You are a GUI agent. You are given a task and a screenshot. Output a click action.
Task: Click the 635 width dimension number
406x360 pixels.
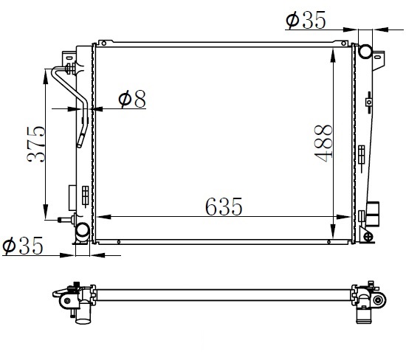pyautogui.click(x=224, y=207)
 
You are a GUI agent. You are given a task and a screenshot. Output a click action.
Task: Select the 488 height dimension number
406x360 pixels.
pyautogui.click(x=323, y=143)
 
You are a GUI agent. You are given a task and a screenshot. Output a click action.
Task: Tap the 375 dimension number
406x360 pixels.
pyautogui.click(x=36, y=144)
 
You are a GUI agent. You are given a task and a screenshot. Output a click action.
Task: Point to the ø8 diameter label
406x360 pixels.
pyautogui.click(x=132, y=99)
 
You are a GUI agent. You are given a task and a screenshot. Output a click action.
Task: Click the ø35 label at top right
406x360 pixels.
pyautogui.click(x=306, y=20)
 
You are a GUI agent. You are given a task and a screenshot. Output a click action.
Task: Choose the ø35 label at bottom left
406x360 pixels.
pyautogui.click(x=22, y=246)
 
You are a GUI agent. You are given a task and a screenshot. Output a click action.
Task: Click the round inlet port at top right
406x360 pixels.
pyautogui.click(x=365, y=51)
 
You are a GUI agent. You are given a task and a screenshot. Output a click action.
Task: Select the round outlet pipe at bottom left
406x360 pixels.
pyautogui.click(x=83, y=232)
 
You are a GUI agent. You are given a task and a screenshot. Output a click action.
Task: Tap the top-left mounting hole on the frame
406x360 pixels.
pyautogui.click(x=104, y=44)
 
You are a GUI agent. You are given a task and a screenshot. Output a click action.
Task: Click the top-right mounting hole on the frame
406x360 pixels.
pyautogui.click(x=344, y=44)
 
